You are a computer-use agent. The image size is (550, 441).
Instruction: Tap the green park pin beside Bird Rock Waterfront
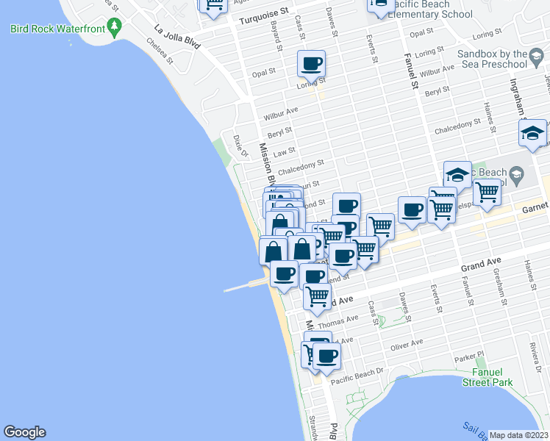(113, 28)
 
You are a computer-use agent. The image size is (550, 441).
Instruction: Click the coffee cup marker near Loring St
(312, 63)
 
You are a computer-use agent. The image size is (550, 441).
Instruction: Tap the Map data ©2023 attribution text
(518, 435)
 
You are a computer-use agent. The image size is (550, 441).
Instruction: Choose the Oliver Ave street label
(407, 344)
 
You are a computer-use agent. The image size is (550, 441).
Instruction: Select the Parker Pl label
(468, 358)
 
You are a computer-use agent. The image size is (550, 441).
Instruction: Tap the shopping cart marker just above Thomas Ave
(318, 295)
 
